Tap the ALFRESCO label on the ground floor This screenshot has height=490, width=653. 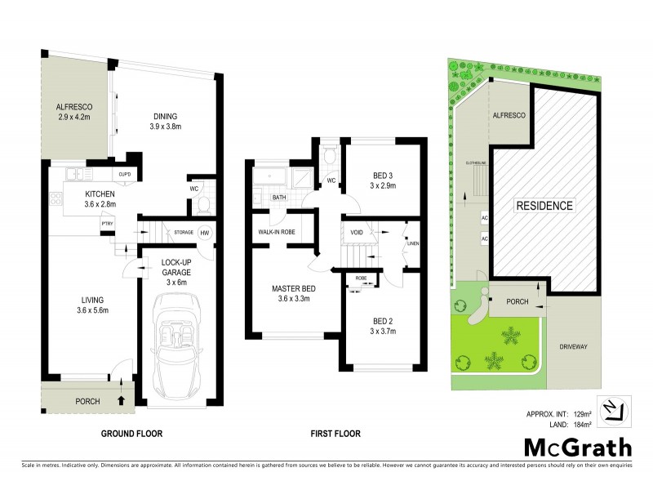tap(73, 106)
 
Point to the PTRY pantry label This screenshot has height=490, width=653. tap(106, 223)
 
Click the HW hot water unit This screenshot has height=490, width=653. tap(203, 232)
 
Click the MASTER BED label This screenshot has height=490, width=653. tap(294, 288)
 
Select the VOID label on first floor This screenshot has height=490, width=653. tap(356, 232)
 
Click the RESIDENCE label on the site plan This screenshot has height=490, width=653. tap(544, 205)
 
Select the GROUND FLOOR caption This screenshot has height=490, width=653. tap(129, 434)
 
